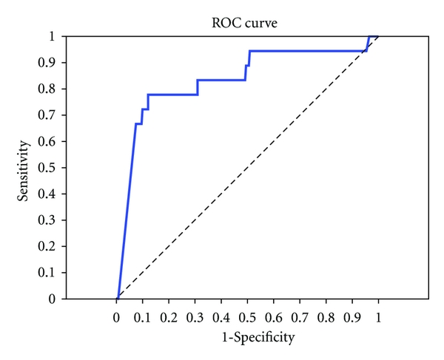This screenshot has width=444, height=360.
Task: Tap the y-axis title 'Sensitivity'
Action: (x=24, y=167)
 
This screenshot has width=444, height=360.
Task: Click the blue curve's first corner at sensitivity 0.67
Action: (x=135, y=123)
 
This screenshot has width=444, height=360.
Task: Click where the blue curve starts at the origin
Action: (x=117, y=299)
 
